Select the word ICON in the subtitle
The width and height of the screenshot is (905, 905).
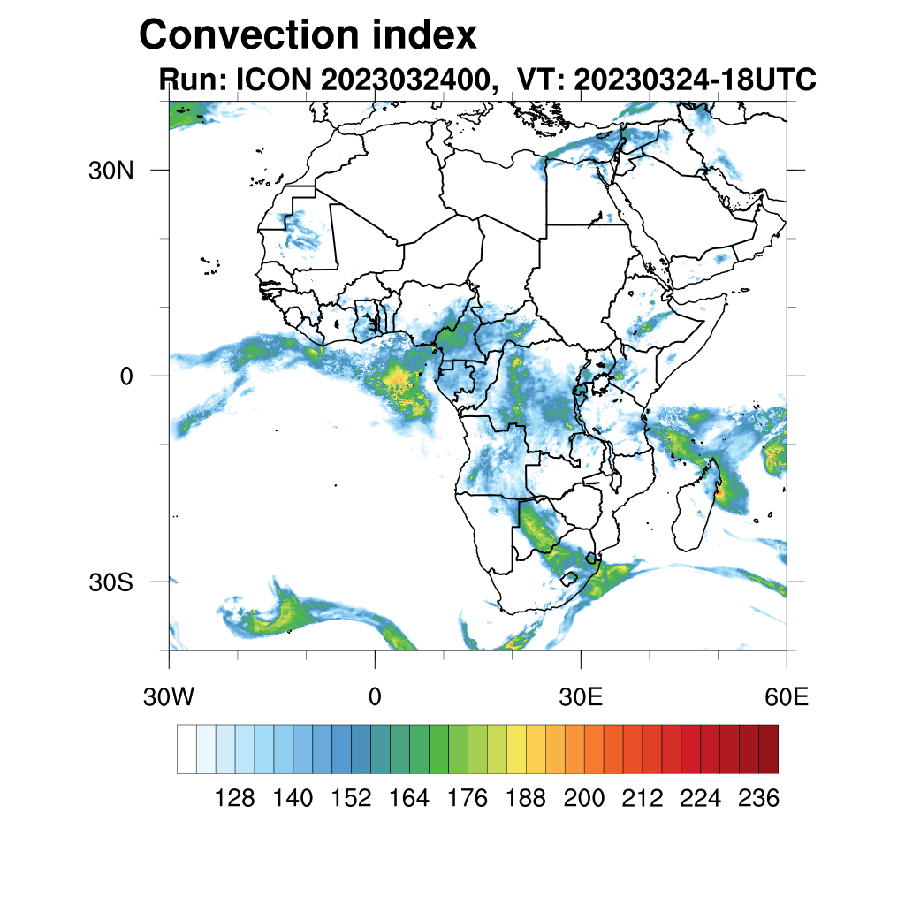click(x=270, y=80)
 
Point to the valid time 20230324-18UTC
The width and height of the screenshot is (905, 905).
click(x=694, y=80)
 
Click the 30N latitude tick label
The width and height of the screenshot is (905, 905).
click(x=110, y=170)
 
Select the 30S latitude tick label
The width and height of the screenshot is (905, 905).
click(x=110, y=582)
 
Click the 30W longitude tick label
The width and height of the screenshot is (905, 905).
click(x=168, y=696)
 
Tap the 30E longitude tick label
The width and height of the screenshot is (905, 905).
click(x=581, y=696)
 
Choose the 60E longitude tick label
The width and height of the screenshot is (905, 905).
click(x=787, y=696)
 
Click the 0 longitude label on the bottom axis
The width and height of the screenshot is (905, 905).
click(x=375, y=696)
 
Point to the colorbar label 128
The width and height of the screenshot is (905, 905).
click(x=235, y=799)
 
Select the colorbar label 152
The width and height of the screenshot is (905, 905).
click(x=351, y=799)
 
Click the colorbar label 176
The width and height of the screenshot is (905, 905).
click(x=468, y=799)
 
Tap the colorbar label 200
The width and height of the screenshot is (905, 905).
click(x=584, y=799)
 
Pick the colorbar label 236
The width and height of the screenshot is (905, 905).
click(x=758, y=799)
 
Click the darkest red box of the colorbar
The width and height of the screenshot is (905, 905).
click(x=768, y=749)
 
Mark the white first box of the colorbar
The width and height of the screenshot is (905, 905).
click(x=186, y=749)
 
